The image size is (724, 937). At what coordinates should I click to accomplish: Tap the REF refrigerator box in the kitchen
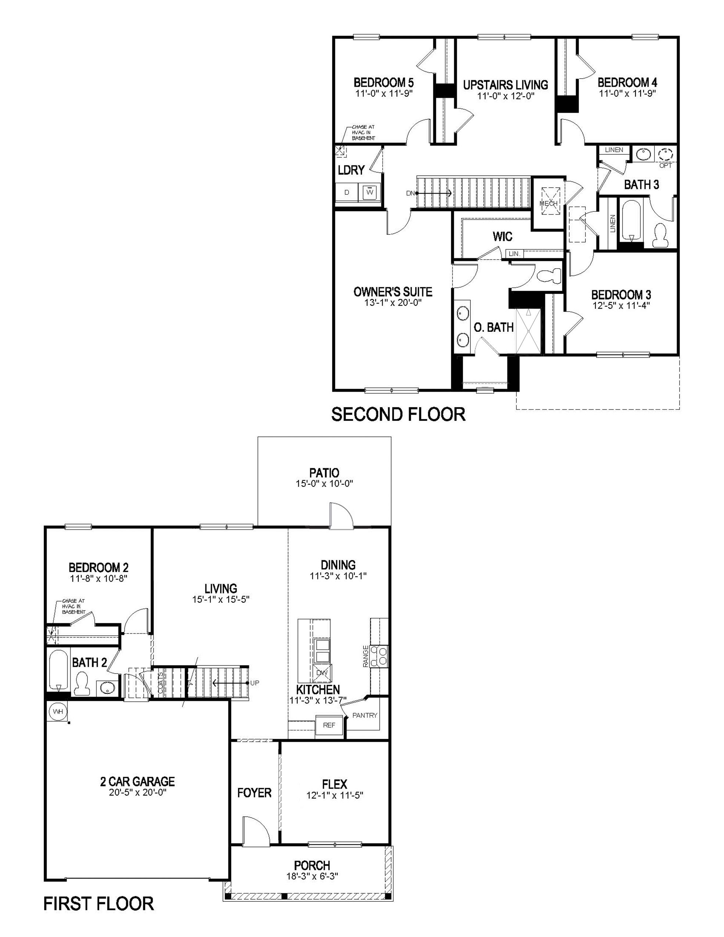coord(329,725)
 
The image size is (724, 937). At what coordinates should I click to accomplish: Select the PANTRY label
coord(365,715)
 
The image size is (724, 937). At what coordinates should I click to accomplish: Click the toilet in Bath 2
coord(81,683)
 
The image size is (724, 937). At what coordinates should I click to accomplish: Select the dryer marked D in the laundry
coord(347,193)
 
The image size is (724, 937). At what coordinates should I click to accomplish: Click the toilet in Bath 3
coord(660,235)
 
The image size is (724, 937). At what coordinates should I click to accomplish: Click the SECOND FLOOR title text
coord(398,414)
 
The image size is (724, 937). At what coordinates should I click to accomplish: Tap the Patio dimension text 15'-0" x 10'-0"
coord(324,484)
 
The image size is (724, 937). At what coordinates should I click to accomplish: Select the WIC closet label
coord(502,236)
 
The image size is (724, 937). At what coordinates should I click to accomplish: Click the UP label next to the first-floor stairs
coord(255,683)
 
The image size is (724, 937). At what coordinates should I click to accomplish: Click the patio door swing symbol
coord(340,515)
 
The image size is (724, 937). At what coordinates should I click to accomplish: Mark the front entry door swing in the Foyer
coord(256,832)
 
